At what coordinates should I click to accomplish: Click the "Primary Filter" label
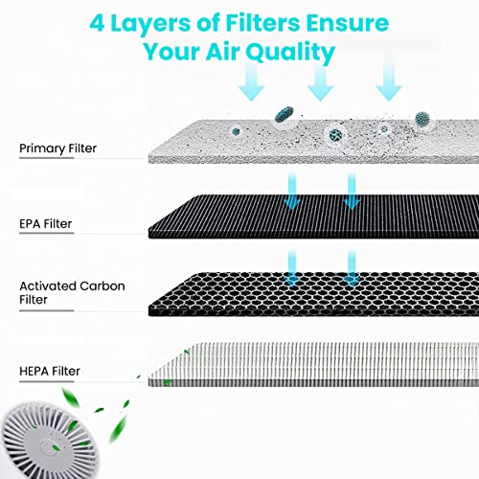(x=57, y=148)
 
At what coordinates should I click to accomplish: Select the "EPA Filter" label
(x=45, y=224)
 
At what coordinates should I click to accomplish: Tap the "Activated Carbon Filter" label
(x=72, y=293)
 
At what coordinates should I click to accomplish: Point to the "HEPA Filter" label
(x=50, y=371)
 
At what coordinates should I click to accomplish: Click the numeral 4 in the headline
(x=97, y=23)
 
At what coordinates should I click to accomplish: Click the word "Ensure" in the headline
(x=348, y=23)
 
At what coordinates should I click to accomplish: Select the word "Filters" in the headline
(x=262, y=23)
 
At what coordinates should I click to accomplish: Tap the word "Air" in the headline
(x=222, y=51)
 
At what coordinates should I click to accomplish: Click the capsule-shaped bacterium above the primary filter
(x=285, y=114)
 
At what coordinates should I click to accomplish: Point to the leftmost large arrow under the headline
(x=251, y=81)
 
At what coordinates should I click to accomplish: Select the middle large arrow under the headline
(x=320, y=81)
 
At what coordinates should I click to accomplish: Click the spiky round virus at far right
(x=422, y=120)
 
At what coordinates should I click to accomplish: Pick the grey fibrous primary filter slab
(x=313, y=142)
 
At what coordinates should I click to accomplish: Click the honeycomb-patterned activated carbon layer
(x=313, y=294)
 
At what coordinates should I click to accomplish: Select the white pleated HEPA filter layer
(x=313, y=365)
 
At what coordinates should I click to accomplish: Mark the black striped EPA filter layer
(x=313, y=217)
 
